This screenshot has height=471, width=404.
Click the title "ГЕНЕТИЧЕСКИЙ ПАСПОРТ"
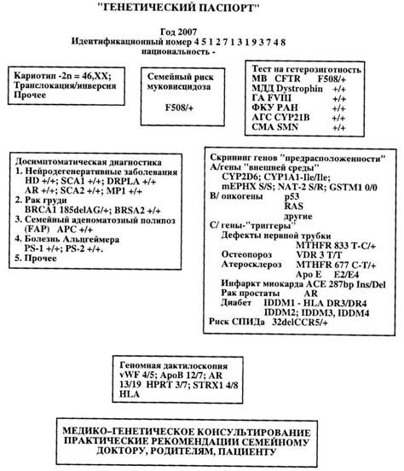click(x=202, y=11)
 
